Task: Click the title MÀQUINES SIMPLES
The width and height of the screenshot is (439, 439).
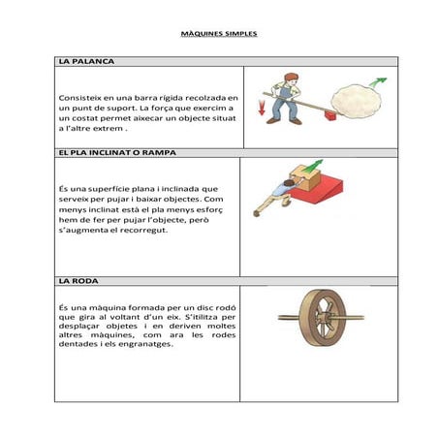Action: [219, 33]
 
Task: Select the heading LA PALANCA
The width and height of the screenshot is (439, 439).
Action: [86, 61]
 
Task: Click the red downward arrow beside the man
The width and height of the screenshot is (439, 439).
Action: [261, 108]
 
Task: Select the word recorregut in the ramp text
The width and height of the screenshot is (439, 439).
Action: [141, 230]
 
